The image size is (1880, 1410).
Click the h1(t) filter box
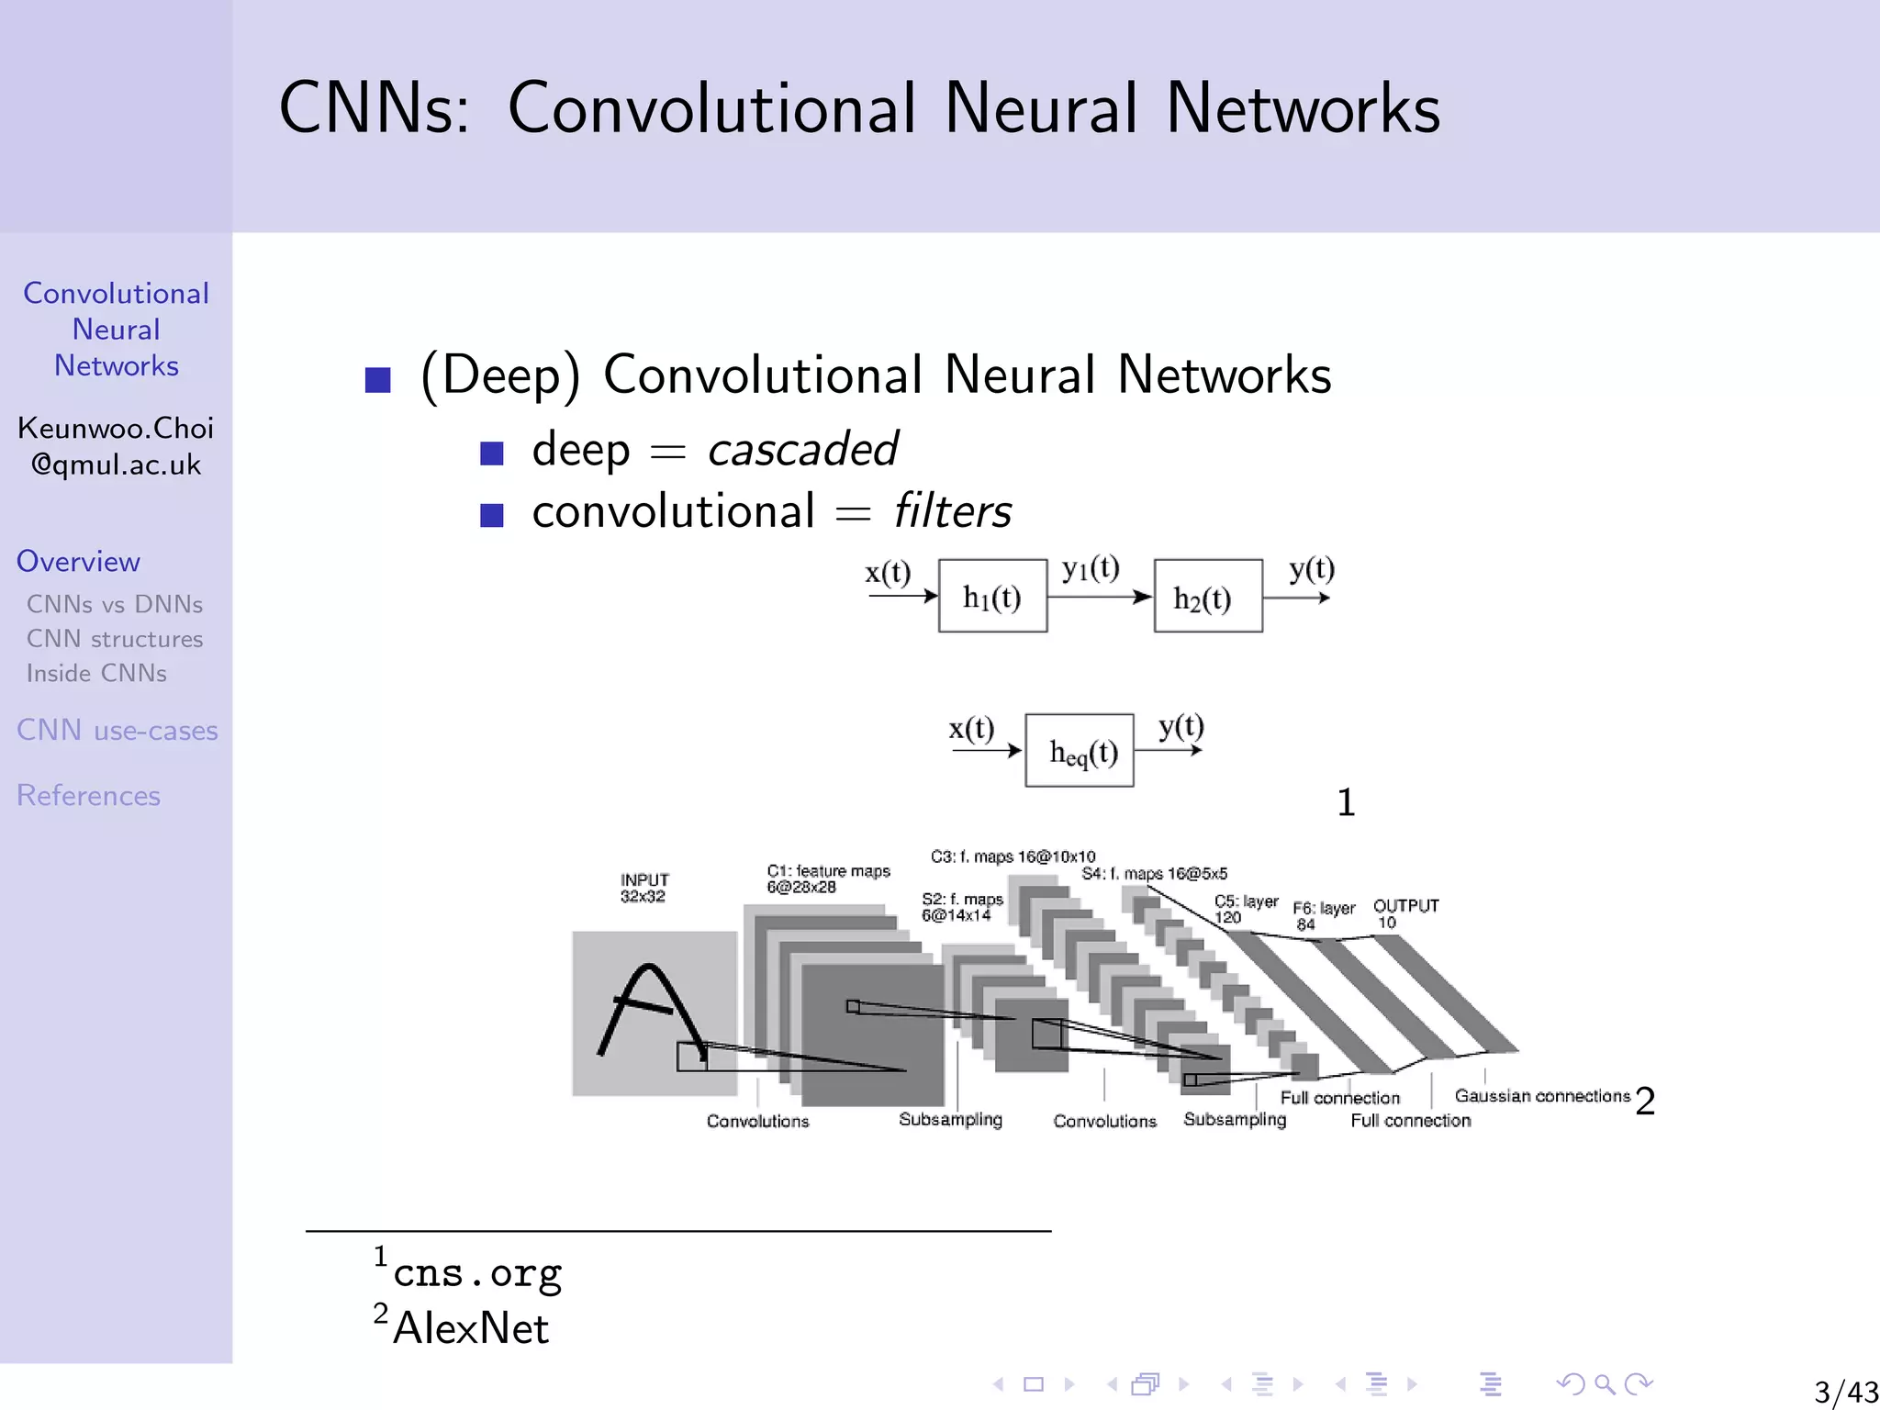pyautogui.click(x=992, y=597)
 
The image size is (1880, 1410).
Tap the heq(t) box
pyautogui.click(x=1080, y=751)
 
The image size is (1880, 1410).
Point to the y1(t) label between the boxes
pyautogui.click(x=1091, y=568)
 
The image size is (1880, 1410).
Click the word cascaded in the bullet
pyautogui.click(x=802, y=450)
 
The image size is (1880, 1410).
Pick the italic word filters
pyautogui.click(x=952, y=511)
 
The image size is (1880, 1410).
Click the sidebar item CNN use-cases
pyautogui.click(x=117, y=731)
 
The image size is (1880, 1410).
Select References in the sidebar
pyautogui.click(x=88, y=796)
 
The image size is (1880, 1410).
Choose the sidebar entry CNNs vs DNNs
pyautogui.click(x=115, y=605)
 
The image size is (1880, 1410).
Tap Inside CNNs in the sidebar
pyautogui.click(x=96, y=674)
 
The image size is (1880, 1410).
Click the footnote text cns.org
pyautogui.click(x=476, y=1273)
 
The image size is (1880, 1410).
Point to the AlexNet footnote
pyautogui.click(x=470, y=1328)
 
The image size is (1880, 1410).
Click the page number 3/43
pyautogui.click(x=1845, y=1392)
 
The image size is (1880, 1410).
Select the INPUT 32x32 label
pyautogui.click(x=644, y=888)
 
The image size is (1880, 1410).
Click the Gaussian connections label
pyautogui.click(x=1541, y=1096)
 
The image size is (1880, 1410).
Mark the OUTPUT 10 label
pyautogui.click(x=1404, y=913)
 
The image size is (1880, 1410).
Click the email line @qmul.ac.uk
pyautogui.click(x=116, y=465)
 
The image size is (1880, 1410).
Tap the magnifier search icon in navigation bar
pyautogui.click(x=1605, y=1384)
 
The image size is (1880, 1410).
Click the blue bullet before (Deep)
pyautogui.click(x=378, y=379)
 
